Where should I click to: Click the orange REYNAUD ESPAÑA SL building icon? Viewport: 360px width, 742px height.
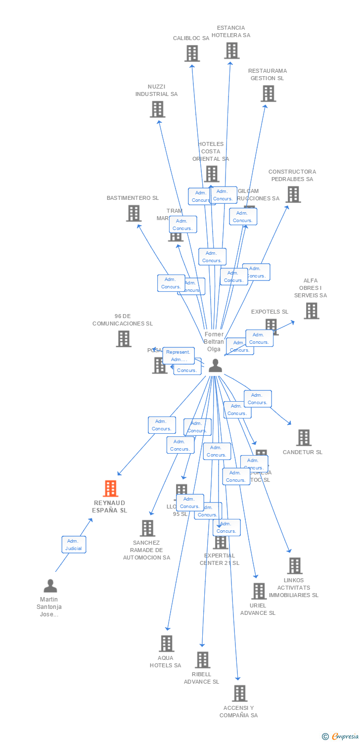point(110,489)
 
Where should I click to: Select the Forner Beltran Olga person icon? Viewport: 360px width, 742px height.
point(215,366)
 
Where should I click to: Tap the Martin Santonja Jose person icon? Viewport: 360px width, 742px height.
point(50,586)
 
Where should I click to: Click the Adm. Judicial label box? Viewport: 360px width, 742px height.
point(74,544)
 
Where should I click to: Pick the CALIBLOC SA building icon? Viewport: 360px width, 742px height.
point(192,53)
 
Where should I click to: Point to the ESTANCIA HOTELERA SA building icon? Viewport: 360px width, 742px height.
point(231,50)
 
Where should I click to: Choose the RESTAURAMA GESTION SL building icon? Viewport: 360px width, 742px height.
point(268,93)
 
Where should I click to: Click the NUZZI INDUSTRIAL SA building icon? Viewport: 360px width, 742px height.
point(157,109)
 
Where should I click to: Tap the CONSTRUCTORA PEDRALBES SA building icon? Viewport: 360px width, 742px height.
point(293,194)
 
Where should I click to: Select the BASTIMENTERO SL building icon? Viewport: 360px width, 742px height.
point(134,213)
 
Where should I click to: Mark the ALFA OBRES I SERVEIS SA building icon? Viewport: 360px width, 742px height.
point(311,311)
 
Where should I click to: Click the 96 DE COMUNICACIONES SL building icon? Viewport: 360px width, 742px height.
point(124,339)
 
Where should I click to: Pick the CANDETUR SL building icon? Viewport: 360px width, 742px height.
point(303,437)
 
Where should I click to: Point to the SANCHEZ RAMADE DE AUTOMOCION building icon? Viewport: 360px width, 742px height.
point(147,528)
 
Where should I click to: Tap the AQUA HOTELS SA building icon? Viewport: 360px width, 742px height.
point(166,644)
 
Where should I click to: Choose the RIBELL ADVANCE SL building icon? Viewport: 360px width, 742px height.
point(202,660)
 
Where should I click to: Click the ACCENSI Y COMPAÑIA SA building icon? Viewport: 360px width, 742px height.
point(239,694)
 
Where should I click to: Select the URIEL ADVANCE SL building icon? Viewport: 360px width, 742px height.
point(259,591)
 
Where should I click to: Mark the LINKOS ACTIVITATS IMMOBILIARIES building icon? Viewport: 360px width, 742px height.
point(294,565)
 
